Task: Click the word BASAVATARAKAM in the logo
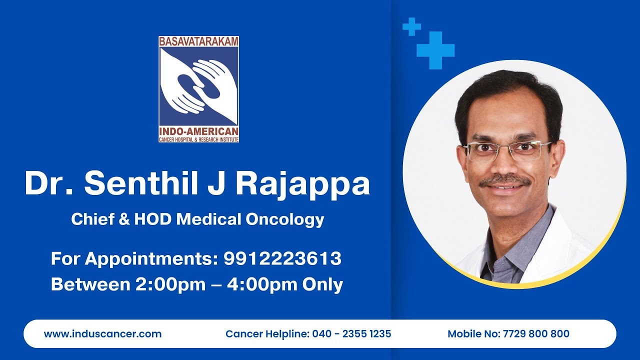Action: tap(198, 41)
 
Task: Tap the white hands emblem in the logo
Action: tap(198, 85)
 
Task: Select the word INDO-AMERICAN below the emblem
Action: tap(198, 131)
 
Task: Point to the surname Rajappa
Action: tap(302, 184)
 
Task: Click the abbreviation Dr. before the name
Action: tap(49, 183)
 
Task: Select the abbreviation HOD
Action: tap(153, 219)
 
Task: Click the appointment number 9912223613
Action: tap(282, 258)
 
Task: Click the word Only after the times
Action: tap(322, 284)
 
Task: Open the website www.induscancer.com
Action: tap(102, 333)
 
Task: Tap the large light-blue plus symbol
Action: tap(435, 50)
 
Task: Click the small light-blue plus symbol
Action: tap(411, 26)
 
